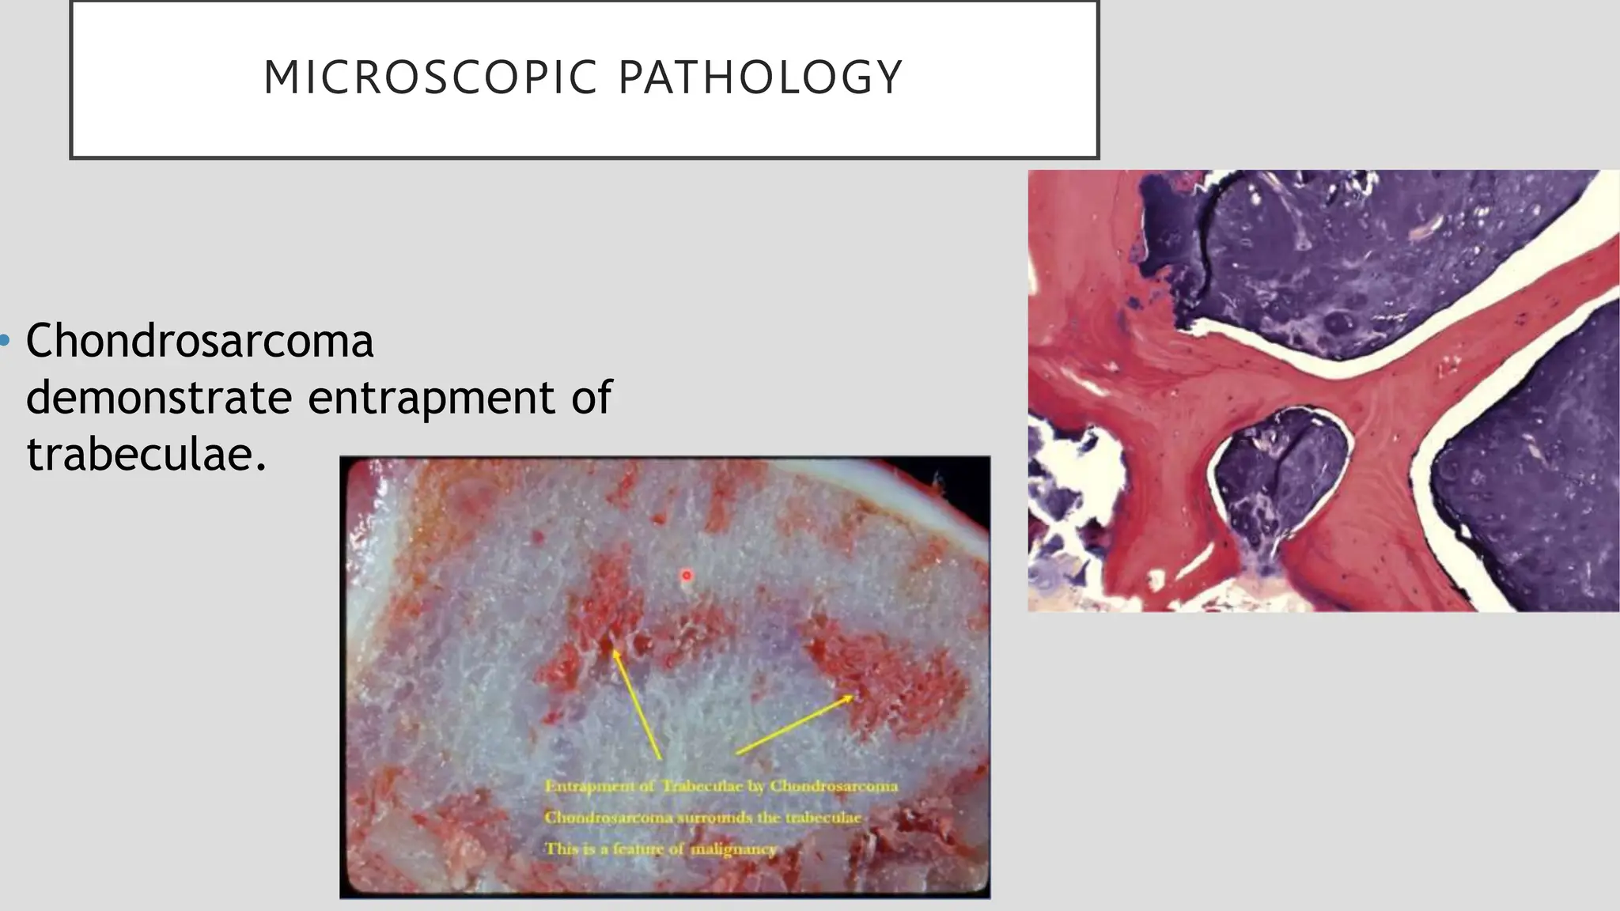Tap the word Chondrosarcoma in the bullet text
[x=199, y=342]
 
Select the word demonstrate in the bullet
[x=159, y=397]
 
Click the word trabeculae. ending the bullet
[x=146, y=455]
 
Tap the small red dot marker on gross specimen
[x=687, y=576]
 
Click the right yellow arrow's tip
[x=853, y=697]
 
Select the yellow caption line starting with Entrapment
[x=721, y=786]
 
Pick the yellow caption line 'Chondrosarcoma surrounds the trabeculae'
[x=702, y=818]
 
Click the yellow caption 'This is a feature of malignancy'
[x=660, y=849]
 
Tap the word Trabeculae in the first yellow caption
[x=712, y=786]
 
